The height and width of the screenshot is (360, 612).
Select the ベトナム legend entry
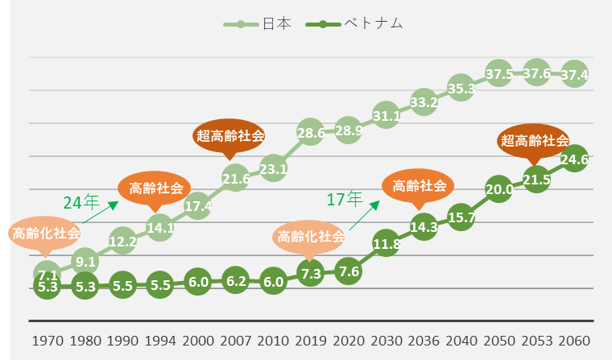click(354, 24)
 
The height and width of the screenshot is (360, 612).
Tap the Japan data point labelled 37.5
click(499, 74)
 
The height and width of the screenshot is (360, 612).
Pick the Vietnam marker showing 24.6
click(574, 159)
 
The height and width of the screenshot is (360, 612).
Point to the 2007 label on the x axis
click(235, 341)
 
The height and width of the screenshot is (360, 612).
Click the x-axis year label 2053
click(536, 341)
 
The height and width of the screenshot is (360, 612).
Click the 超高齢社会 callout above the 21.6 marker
click(230, 135)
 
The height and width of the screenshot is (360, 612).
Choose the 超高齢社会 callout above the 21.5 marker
click(534, 140)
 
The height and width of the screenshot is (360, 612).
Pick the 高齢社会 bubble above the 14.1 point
click(155, 188)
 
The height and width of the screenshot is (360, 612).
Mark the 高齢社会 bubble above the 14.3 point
click(418, 186)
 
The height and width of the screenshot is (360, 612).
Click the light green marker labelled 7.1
click(48, 274)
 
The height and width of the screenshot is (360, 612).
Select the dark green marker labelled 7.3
click(310, 274)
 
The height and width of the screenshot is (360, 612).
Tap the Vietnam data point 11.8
click(386, 243)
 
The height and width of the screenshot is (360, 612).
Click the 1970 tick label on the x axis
click(48, 341)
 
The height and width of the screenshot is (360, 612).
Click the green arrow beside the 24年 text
click(100, 211)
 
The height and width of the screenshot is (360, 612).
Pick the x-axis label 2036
click(424, 341)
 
